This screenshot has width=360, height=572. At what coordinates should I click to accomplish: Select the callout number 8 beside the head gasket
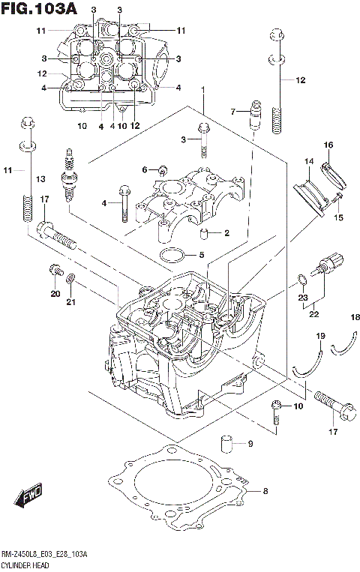point(264,492)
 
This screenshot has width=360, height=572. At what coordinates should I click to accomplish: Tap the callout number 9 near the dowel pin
point(250,444)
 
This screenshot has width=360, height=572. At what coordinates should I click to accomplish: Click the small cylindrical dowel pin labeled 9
point(226,442)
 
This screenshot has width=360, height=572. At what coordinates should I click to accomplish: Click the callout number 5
point(201,255)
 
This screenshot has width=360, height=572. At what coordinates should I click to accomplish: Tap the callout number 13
point(40,178)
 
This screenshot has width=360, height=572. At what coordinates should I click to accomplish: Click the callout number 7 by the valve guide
point(233,112)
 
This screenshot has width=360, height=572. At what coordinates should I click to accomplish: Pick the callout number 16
point(328,144)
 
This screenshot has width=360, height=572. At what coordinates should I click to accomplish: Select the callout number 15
point(338,217)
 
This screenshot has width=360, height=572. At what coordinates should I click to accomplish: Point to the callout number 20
point(54,293)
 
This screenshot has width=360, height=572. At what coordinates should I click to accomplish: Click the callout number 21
point(71,302)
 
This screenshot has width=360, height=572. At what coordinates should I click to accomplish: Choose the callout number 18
point(355,318)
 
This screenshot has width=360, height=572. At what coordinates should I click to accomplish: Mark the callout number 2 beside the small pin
point(226,233)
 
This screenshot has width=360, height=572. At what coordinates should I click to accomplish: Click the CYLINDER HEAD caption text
point(25,564)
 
